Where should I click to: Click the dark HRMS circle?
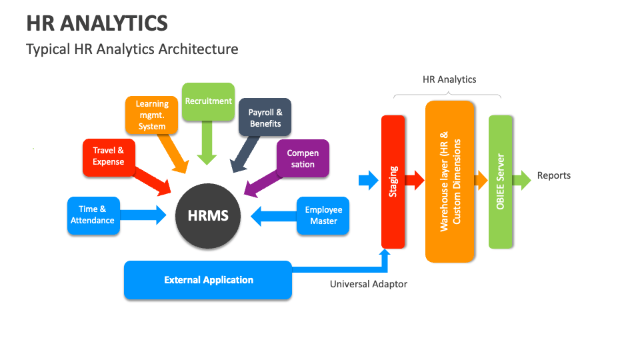tap(208, 215)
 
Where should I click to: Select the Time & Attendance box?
tap(93, 215)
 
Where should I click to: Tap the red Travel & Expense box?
tap(108, 157)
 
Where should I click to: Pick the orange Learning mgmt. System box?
tap(152, 115)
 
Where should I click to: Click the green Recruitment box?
tap(208, 101)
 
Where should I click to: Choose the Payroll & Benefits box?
tap(265, 118)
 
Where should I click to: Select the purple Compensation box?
tap(303, 158)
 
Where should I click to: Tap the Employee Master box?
tap(323, 215)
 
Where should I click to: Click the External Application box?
tap(208, 280)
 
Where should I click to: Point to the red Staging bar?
tap(393, 181)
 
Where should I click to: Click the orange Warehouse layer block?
tap(450, 181)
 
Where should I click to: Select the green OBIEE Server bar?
tap(500, 181)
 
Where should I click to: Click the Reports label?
tap(554, 175)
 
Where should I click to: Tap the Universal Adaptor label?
tap(368, 284)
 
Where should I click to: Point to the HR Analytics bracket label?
tap(449, 79)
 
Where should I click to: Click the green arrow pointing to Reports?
tap(525, 179)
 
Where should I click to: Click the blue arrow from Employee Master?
tap(273, 215)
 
